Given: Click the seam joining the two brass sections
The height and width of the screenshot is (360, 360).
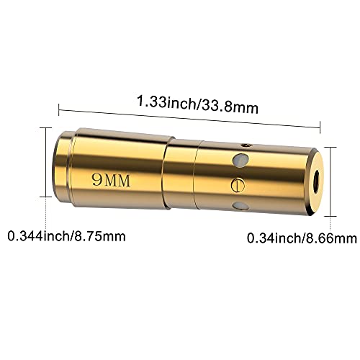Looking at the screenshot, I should [166, 178].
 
